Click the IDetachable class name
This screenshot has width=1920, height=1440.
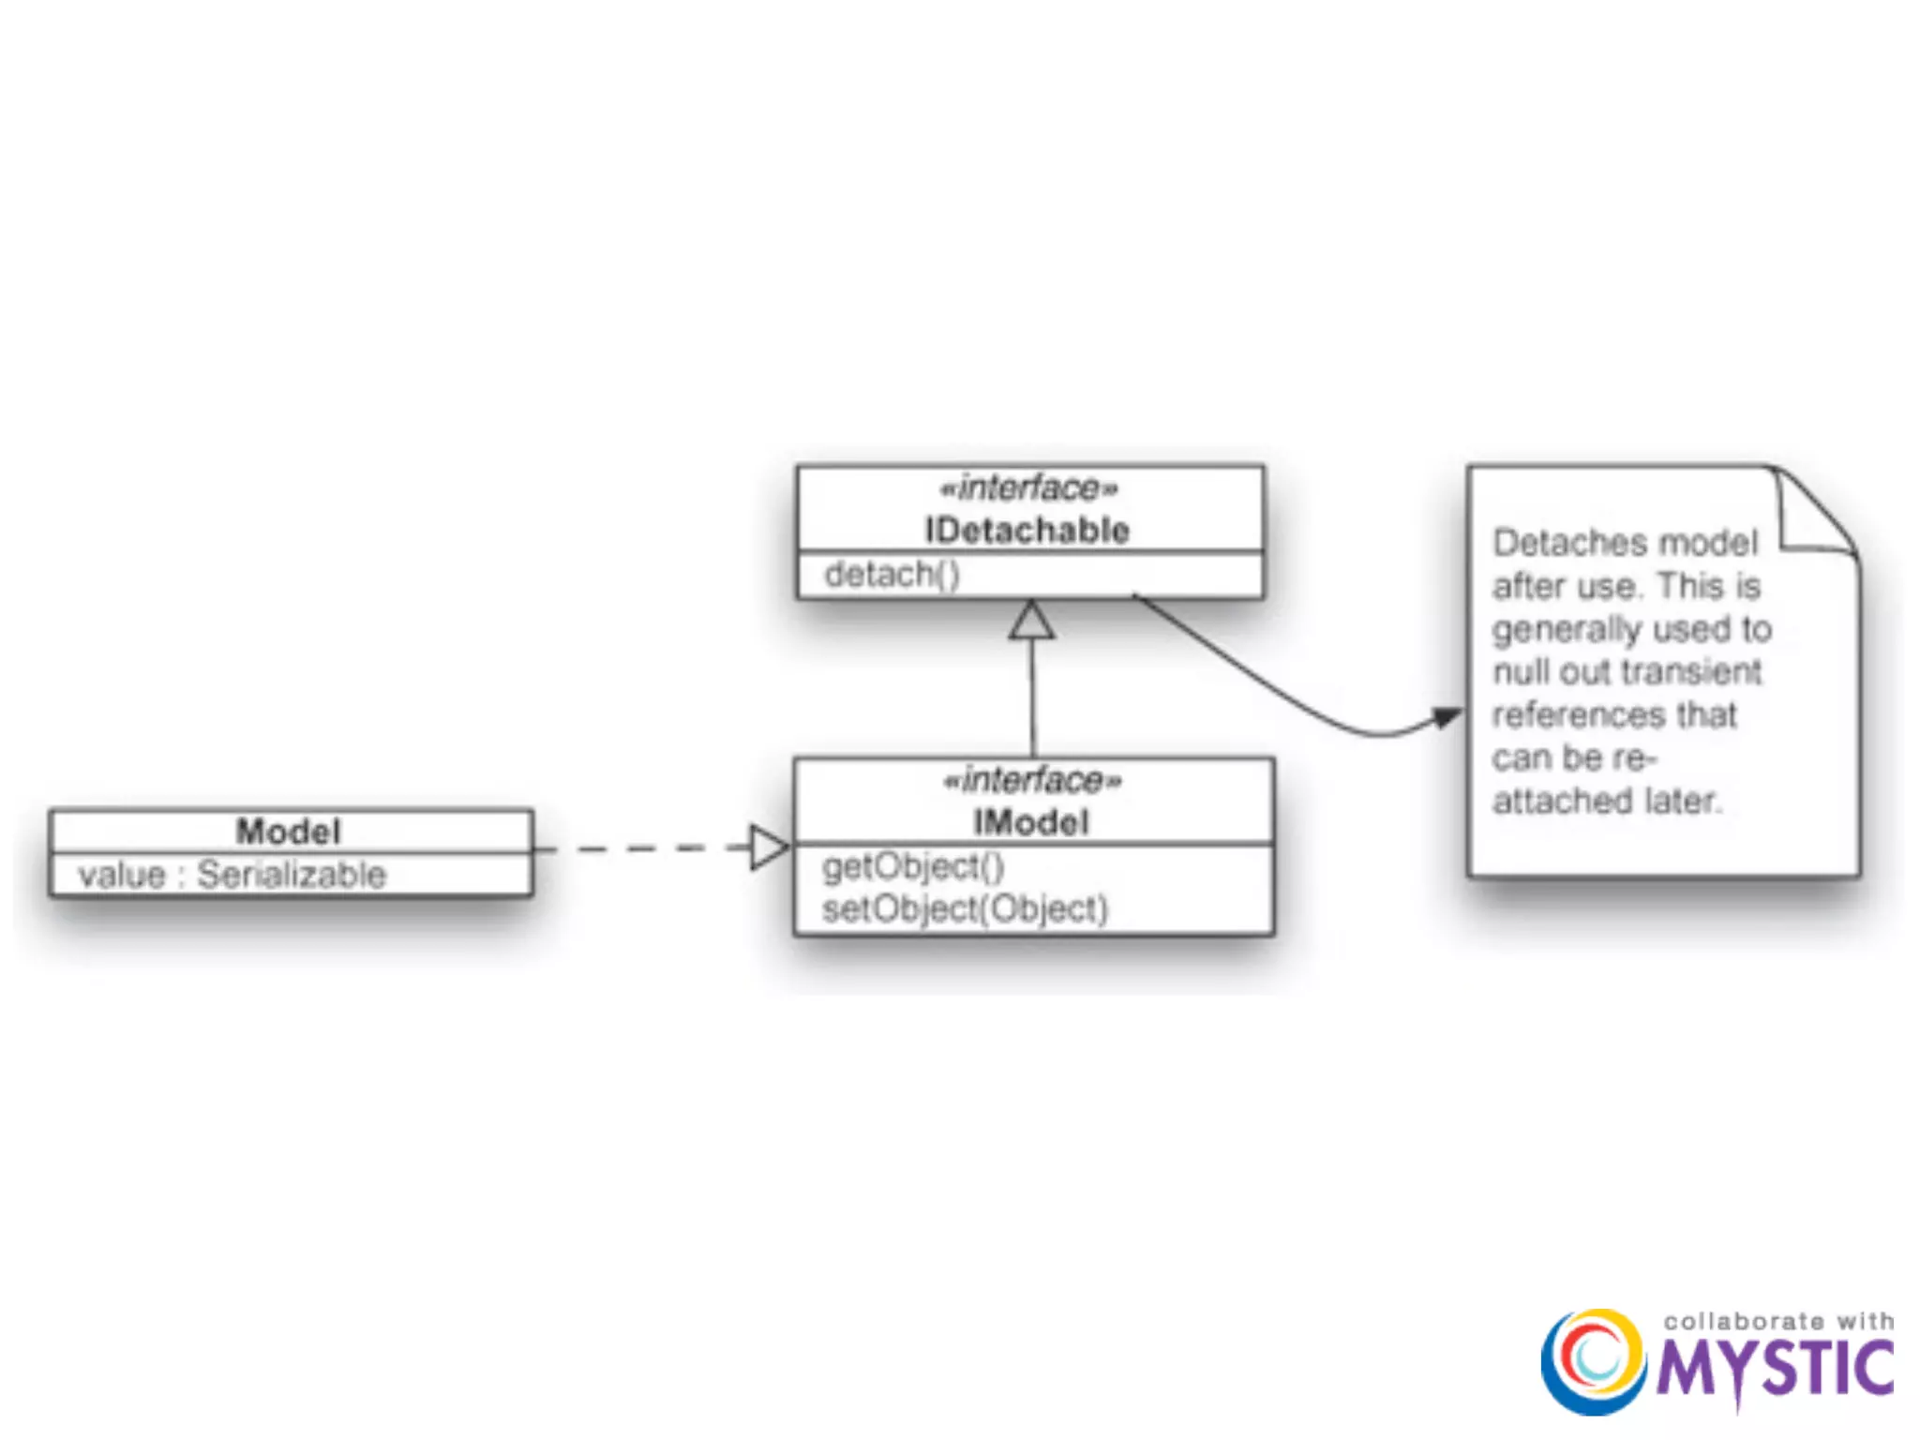click(x=1027, y=531)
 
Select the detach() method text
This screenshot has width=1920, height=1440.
click(x=892, y=574)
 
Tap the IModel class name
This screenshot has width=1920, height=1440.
click(x=1031, y=822)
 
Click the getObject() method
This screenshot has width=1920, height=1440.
click(x=912, y=866)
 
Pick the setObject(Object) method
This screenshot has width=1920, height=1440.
click(x=965, y=908)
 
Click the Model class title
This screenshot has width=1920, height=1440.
click(x=288, y=831)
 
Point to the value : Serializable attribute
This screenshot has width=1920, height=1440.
click(x=232, y=875)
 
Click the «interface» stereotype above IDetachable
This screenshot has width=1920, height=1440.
click(x=1028, y=487)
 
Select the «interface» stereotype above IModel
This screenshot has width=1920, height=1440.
click(x=1032, y=780)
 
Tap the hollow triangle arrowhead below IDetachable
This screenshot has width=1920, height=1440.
click(x=1031, y=622)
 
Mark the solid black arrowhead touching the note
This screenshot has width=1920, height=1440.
click(x=1447, y=718)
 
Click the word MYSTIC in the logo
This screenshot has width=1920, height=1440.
click(x=1775, y=1370)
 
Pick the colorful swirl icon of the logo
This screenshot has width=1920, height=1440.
click(x=1593, y=1361)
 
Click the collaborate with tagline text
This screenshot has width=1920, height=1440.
click(x=1778, y=1321)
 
